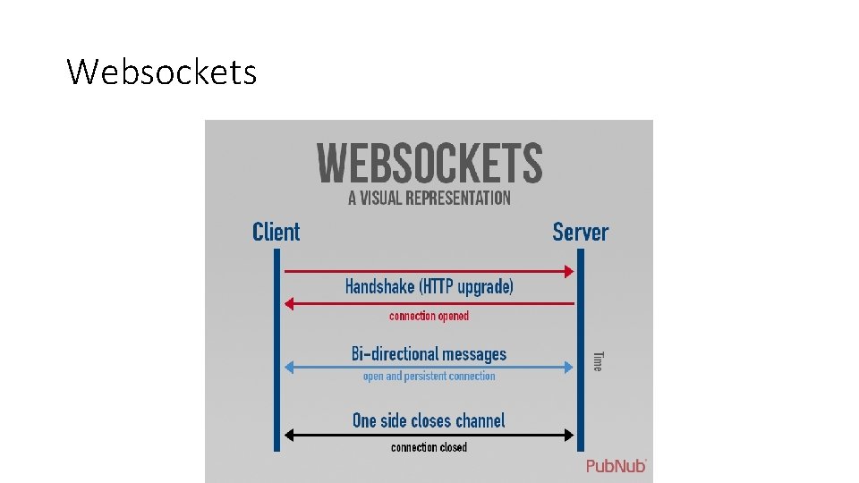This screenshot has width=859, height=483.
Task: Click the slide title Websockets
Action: pyautogui.click(x=162, y=72)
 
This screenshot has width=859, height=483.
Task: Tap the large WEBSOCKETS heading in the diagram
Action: pyautogui.click(x=429, y=164)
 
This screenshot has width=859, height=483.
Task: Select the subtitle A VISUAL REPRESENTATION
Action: pyautogui.click(x=429, y=198)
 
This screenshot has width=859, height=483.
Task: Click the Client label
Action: pyautogui.click(x=276, y=233)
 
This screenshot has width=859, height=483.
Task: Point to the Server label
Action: pyautogui.click(x=580, y=233)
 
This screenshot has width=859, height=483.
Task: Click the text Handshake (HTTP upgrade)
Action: pyautogui.click(x=429, y=287)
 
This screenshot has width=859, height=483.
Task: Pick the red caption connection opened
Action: pyautogui.click(x=429, y=316)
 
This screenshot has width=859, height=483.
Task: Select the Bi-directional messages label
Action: pyautogui.click(x=429, y=354)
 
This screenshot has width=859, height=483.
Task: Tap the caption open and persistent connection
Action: pyautogui.click(x=429, y=377)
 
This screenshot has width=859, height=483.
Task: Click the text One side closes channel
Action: pyautogui.click(x=429, y=420)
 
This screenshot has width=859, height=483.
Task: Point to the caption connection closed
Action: pyautogui.click(x=429, y=447)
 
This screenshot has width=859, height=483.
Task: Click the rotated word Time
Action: pyautogui.click(x=598, y=360)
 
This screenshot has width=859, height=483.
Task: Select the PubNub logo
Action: pyautogui.click(x=616, y=466)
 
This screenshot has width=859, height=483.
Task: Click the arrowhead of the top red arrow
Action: pyautogui.click(x=568, y=271)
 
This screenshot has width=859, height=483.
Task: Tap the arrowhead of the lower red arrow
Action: pyautogui.click(x=289, y=304)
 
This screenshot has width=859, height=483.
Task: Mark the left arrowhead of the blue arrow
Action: pyautogui.click(x=288, y=366)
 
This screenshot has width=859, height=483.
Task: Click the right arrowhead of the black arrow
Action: pyautogui.click(x=568, y=436)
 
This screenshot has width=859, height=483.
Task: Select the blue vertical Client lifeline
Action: pyautogui.click(x=276, y=349)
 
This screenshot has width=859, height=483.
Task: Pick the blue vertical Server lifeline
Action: pyautogui.click(x=580, y=349)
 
